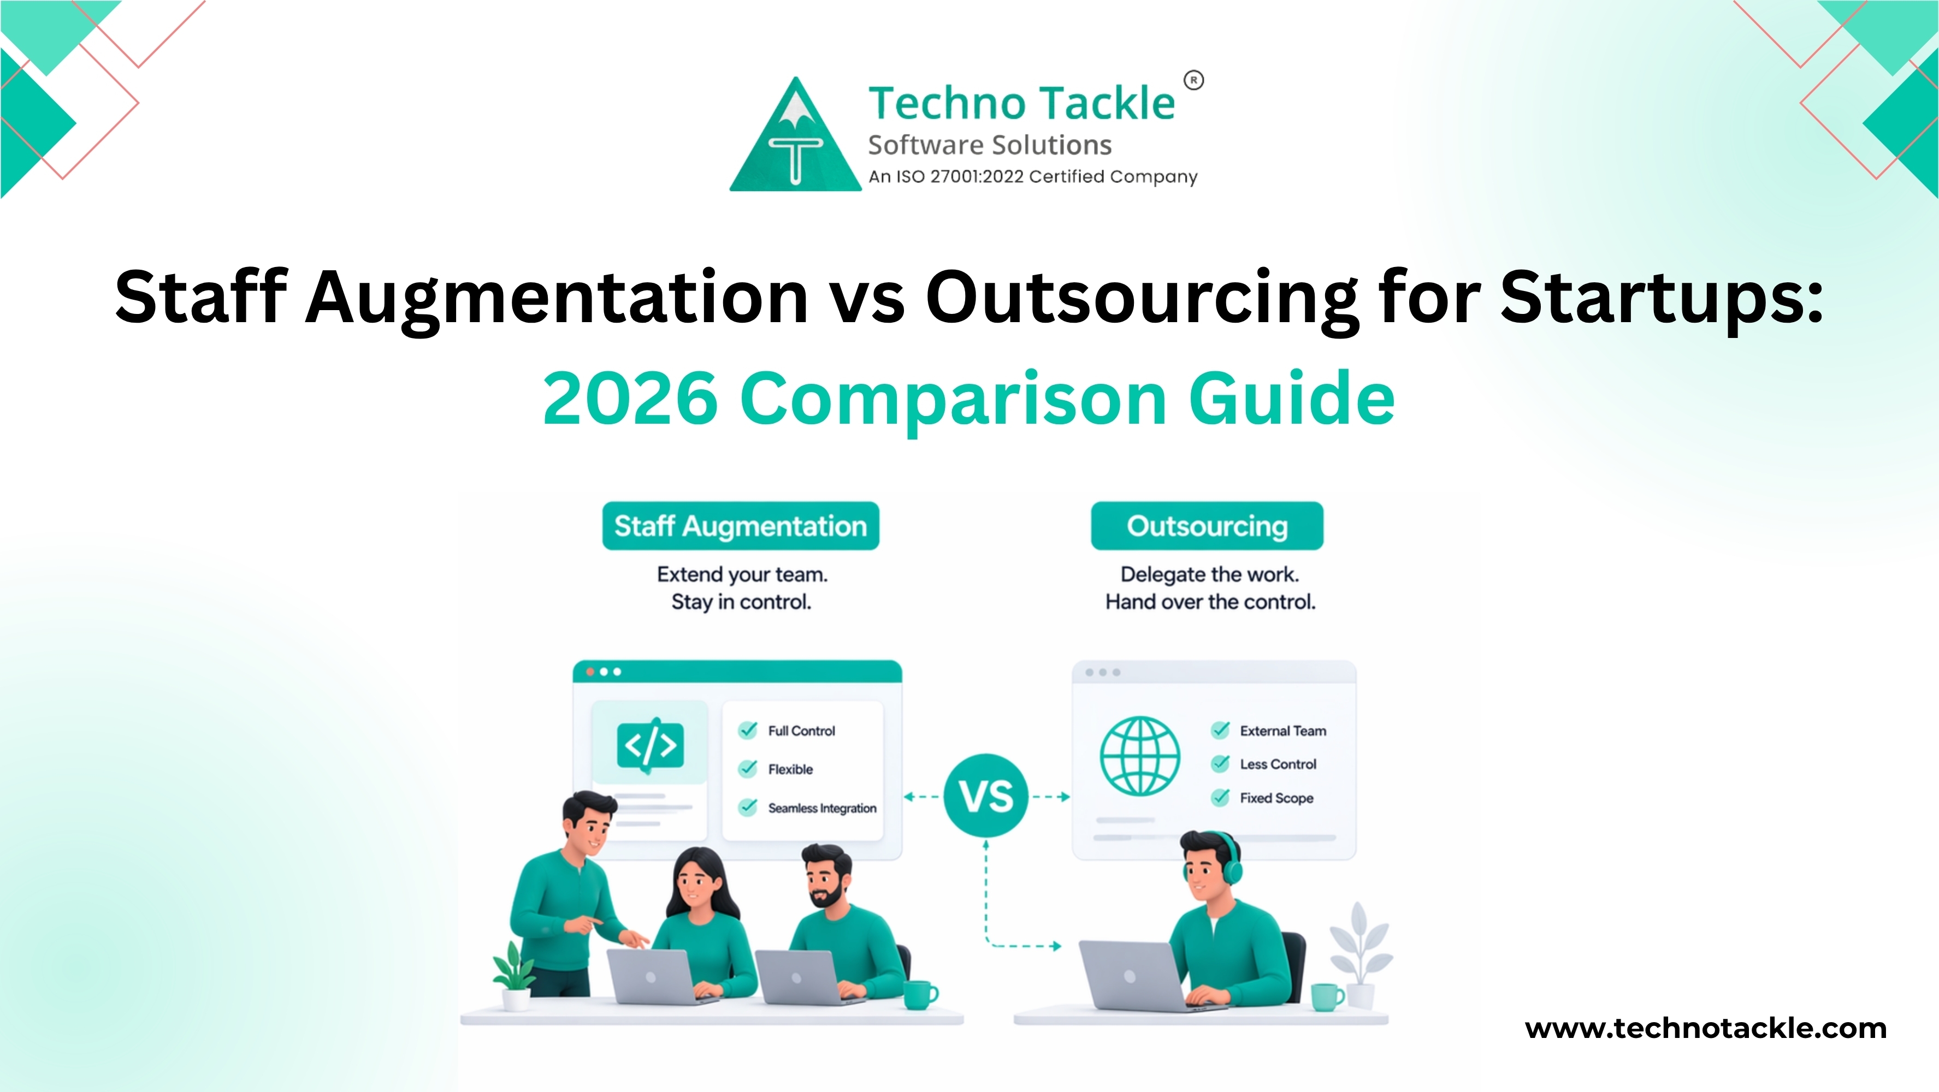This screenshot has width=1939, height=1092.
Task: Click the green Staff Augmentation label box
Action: [x=741, y=526]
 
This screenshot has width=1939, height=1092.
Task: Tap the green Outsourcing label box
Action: [x=1207, y=526]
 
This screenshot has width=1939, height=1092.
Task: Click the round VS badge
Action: [x=985, y=796]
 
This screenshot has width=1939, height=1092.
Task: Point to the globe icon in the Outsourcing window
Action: [x=1139, y=756]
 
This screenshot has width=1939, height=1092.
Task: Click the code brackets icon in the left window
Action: [x=651, y=745]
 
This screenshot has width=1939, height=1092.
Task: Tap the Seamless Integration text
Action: [x=822, y=808]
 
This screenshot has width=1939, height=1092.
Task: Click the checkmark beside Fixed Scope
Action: [x=1220, y=798]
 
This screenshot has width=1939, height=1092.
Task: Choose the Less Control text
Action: [x=1278, y=764]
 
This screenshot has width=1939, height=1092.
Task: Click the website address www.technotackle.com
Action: [x=1706, y=1028]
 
